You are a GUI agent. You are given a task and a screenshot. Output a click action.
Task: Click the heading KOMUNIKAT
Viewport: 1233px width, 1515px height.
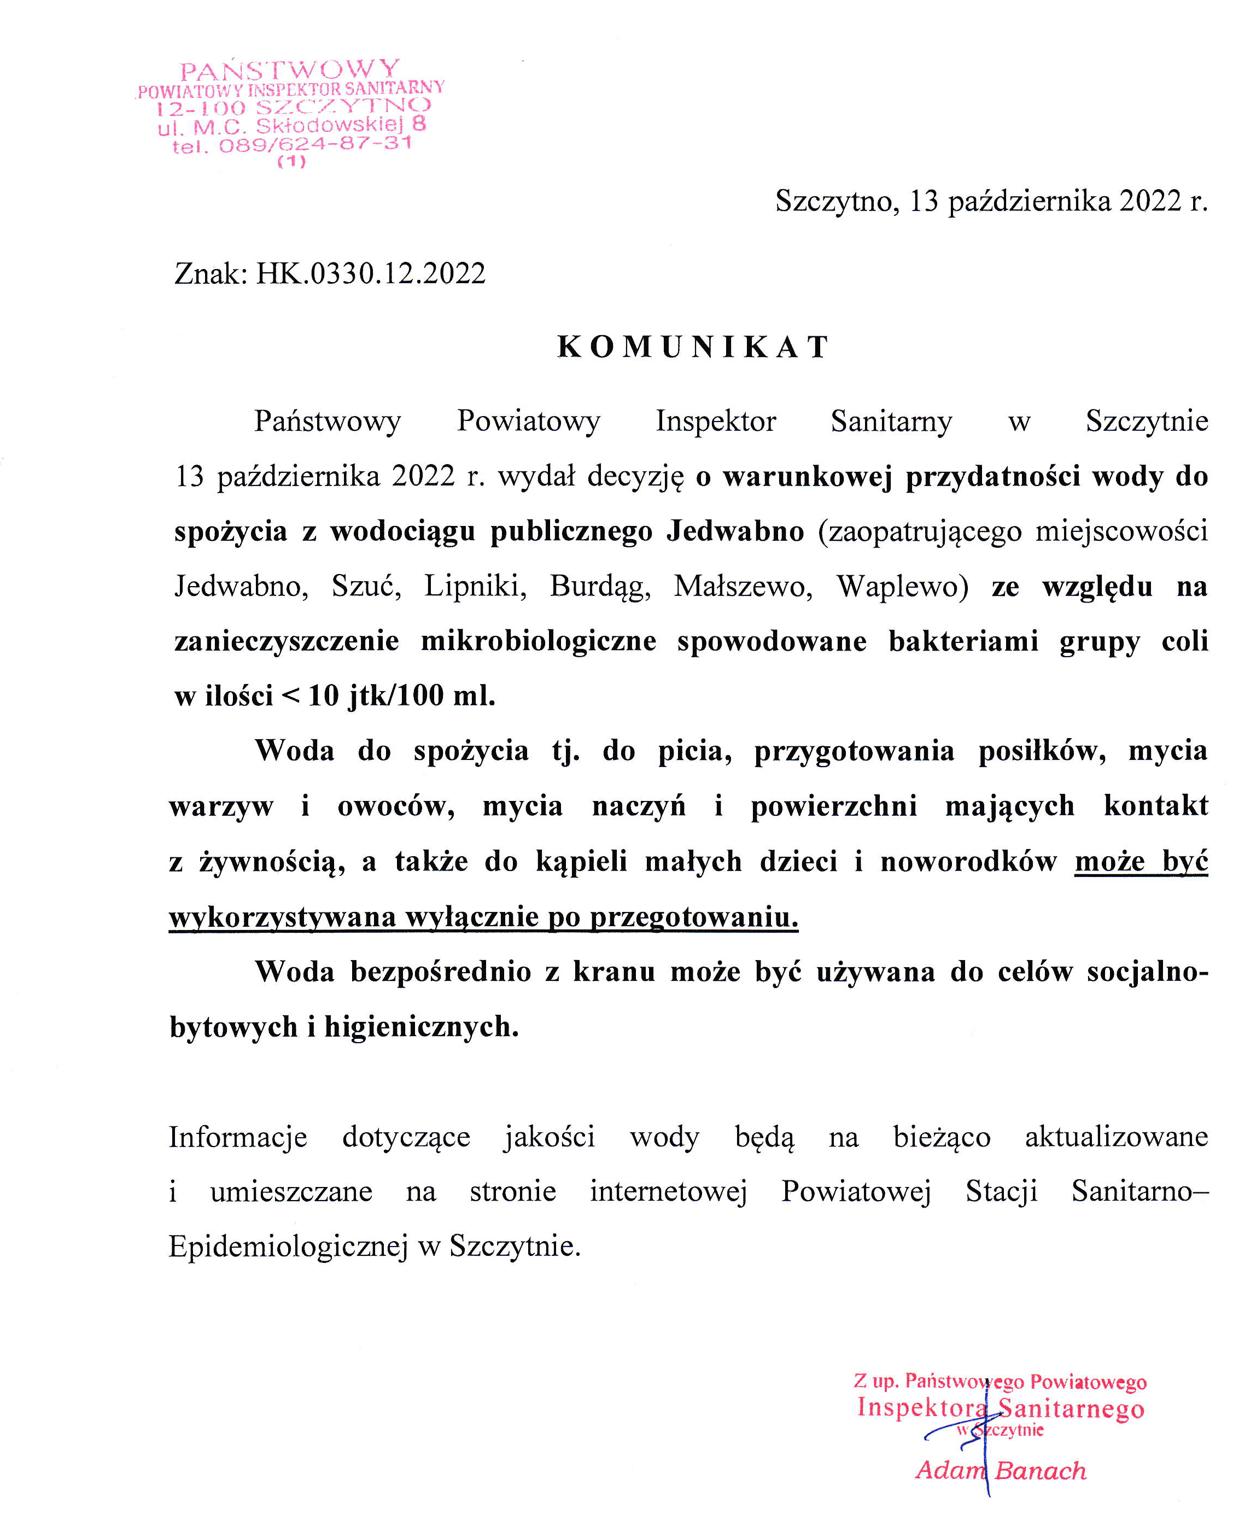[692, 347]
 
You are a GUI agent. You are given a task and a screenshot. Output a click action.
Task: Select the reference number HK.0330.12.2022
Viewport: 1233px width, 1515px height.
[371, 273]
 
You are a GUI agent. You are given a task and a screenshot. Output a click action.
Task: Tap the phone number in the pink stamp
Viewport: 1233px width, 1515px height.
[315, 144]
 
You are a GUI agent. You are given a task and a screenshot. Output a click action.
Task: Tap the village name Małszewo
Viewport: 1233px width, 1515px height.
[742, 586]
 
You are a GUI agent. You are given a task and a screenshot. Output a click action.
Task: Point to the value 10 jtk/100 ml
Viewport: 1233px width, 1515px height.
[401, 695]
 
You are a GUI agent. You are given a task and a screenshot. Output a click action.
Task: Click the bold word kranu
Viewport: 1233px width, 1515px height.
[613, 972]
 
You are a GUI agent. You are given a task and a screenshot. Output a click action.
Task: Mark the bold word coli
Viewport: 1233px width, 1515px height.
[1184, 641]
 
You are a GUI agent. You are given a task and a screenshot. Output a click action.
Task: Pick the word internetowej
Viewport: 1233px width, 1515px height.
[668, 1191]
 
